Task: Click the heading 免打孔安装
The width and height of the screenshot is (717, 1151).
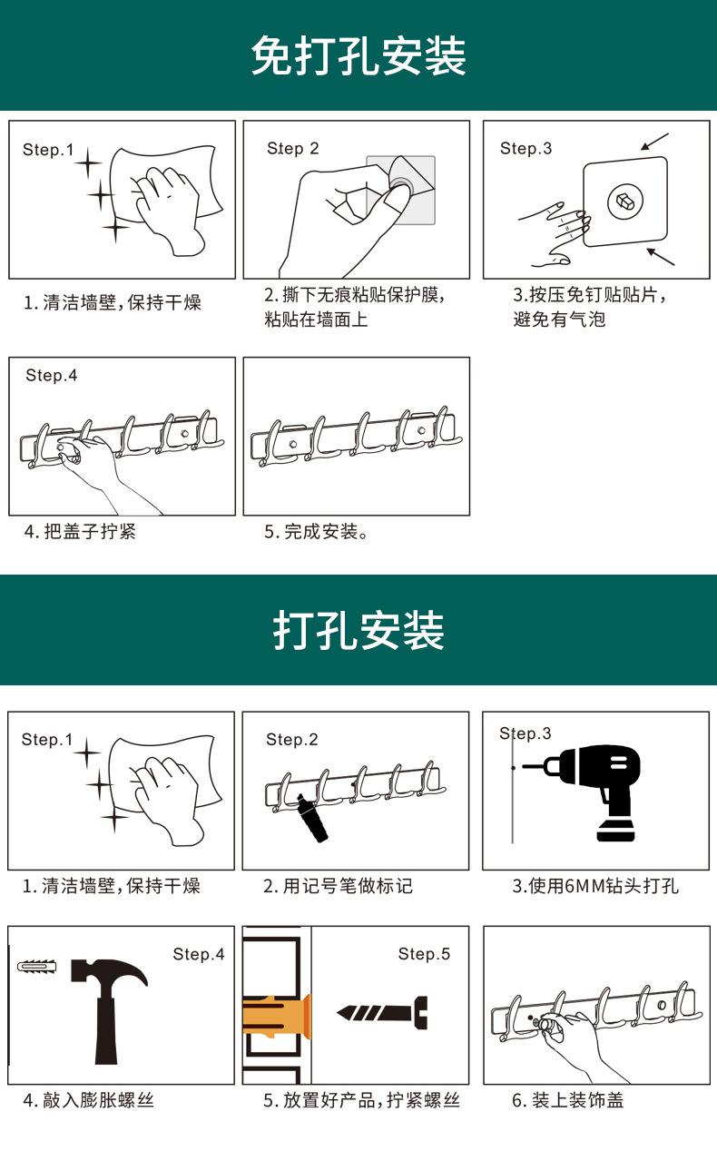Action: click(358, 56)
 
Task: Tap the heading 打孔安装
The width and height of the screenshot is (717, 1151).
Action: click(358, 631)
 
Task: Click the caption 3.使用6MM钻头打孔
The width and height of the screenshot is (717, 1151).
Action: click(595, 886)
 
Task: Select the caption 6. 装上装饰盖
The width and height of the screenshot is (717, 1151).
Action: click(567, 1100)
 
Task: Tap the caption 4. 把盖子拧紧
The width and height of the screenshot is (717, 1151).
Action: click(80, 532)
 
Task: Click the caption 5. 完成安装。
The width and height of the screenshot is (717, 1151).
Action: click(317, 532)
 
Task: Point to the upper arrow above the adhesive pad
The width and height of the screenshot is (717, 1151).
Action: click(654, 142)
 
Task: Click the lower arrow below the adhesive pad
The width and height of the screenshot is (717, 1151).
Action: click(661, 255)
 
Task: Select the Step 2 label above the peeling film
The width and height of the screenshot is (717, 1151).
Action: click(292, 149)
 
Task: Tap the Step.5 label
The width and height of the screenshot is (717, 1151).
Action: click(424, 954)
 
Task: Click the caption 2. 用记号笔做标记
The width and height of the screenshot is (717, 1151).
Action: click(338, 886)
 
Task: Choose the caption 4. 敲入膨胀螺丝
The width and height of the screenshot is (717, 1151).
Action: click(88, 1100)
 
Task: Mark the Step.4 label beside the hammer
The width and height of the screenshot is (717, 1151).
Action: click(198, 954)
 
